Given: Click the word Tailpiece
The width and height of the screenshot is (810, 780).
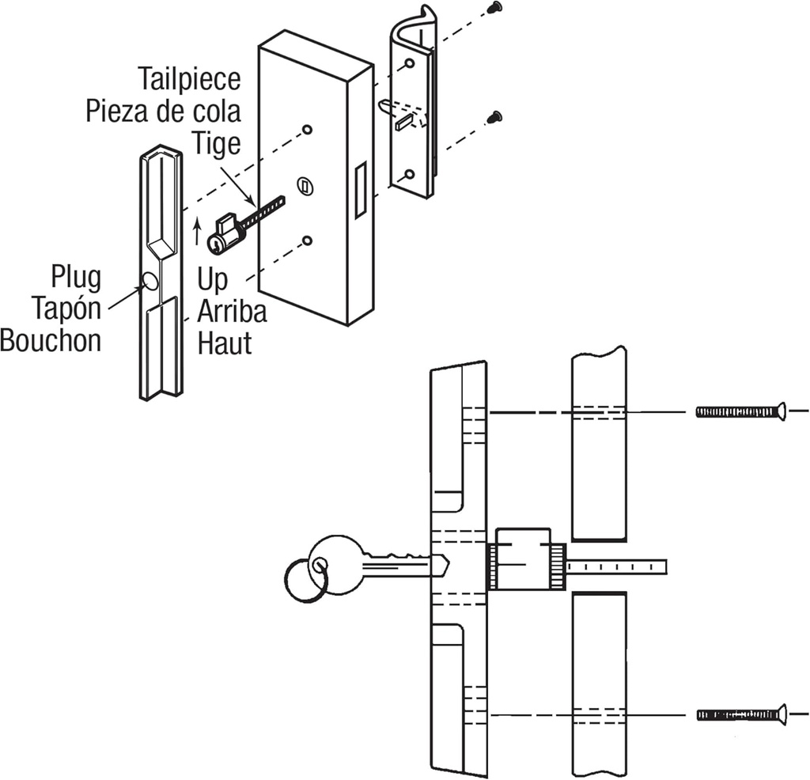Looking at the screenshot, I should coord(189,80).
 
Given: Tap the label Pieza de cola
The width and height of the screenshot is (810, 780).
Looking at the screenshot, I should coord(163,111).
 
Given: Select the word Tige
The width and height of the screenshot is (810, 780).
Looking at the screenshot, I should coord(216,142).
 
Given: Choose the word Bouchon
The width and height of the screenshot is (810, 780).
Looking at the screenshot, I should coord(51,340).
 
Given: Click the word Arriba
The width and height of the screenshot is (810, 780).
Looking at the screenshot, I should coord(232,311).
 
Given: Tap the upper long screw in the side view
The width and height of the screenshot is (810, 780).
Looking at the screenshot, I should coord(740,411).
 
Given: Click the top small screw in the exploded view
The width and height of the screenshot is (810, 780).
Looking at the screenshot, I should coord(494,7).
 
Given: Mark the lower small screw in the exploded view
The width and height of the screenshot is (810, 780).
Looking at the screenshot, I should coord(494,117).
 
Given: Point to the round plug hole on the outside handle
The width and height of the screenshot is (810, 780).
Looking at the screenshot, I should coord(150,280).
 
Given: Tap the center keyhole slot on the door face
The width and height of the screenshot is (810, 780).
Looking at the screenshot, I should coord(303,186).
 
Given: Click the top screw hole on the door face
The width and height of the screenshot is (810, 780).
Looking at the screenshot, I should coord(308,129).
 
